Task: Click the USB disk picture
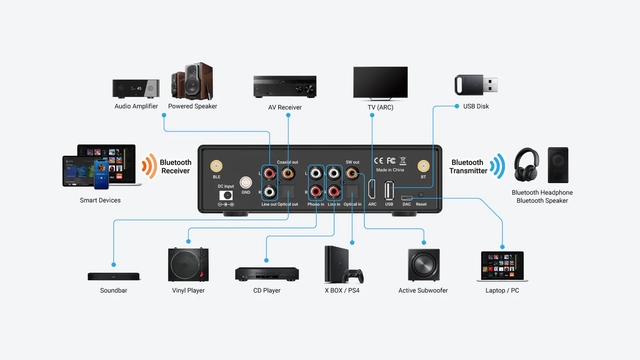[476, 85]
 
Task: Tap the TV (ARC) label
[380, 107]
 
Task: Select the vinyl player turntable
[188, 265]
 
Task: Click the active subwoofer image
[424, 265]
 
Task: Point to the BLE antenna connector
[216, 166]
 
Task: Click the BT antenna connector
[423, 166]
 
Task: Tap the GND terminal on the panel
[246, 183]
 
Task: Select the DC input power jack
[226, 195]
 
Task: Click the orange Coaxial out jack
[288, 174]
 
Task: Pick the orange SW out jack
[352, 174]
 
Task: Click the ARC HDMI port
[372, 190]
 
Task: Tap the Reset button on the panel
[421, 195]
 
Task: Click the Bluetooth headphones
[526, 164]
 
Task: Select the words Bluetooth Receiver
[176, 166]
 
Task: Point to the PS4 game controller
[354, 276]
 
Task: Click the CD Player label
[267, 291]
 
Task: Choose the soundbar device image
[114, 276]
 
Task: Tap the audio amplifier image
[136, 88]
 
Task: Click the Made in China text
[390, 170]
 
